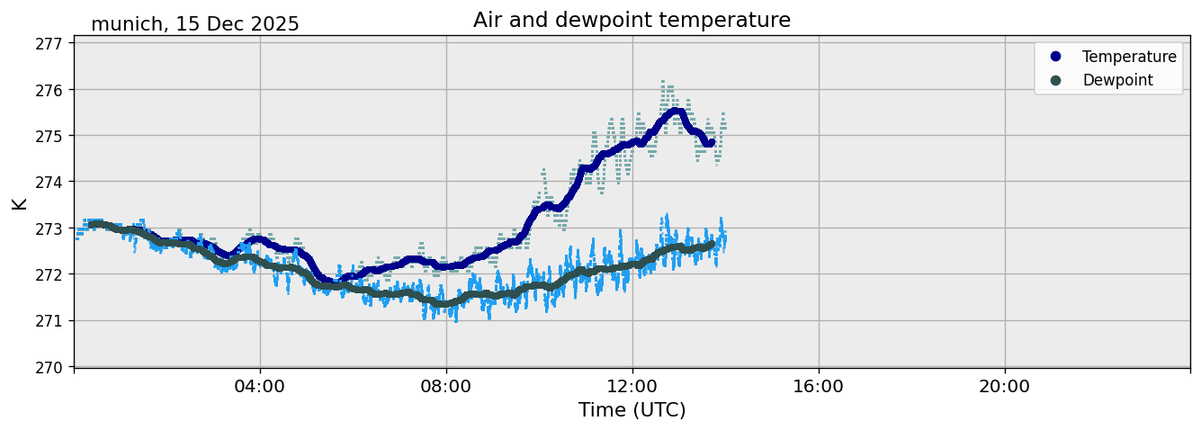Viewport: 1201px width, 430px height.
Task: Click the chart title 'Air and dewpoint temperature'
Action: (x=632, y=20)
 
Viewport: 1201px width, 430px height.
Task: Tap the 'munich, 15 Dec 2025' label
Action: (x=195, y=24)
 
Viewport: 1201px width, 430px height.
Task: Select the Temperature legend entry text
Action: (x=1129, y=57)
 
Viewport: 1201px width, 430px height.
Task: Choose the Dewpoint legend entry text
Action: (x=1117, y=80)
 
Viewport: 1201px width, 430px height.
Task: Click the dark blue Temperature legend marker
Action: (x=1055, y=57)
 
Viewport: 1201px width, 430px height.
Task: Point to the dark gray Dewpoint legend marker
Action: (x=1055, y=80)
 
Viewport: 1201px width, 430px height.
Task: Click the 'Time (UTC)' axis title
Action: (x=632, y=410)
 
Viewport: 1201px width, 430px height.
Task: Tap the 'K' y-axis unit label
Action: (x=19, y=202)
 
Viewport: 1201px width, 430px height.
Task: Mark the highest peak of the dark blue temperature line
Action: (x=676, y=112)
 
